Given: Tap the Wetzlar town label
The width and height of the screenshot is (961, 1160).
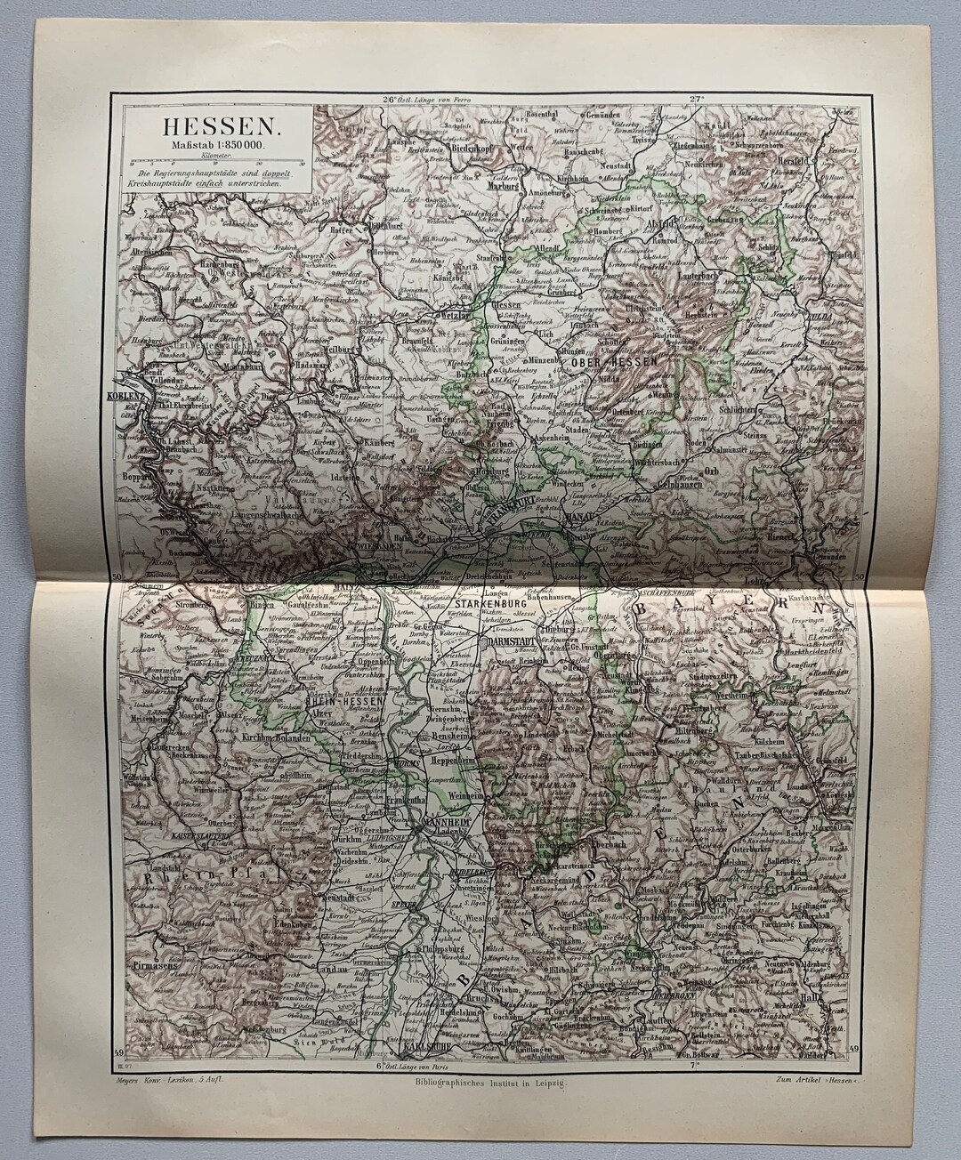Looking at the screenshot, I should click(450, 315).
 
